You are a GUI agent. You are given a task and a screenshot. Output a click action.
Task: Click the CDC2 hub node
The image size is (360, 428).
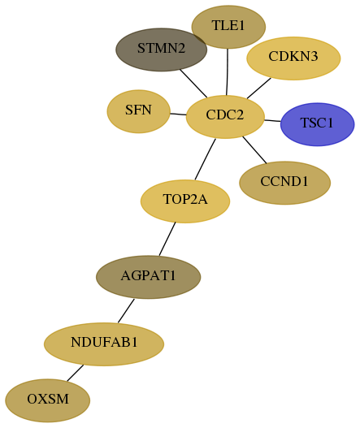[x=225, y=117]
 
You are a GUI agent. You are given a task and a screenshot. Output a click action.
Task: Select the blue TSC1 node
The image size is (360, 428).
[x=317, y=124]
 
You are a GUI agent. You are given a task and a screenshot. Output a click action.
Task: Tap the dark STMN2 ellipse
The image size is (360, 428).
[x=161, y=50]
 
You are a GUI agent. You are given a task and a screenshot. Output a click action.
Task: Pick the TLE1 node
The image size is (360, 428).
[x=228, y=27]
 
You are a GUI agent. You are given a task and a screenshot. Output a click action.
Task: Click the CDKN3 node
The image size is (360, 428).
[x=293, y=58]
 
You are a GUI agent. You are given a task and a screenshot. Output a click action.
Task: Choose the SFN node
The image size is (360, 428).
[x=138, y=111]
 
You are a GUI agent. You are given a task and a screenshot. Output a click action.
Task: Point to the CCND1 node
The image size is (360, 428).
[x=284, y=183]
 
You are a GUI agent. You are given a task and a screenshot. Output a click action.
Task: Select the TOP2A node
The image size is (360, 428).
[x=185, y=201]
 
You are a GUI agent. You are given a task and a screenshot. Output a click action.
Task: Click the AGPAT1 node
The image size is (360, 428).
[x=149, y=277]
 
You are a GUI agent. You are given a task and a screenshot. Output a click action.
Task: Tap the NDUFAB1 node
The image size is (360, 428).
[x=104, y=344]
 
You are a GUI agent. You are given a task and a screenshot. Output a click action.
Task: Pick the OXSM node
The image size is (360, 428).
[x=47, y=400]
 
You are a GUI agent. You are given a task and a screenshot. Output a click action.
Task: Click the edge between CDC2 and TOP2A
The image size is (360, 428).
[x=205, y=159]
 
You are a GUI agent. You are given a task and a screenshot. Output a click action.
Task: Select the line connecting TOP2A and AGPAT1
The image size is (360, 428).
[x=167, y=239]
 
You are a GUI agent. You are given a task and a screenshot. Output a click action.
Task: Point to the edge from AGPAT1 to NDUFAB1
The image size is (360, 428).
[x=126, y=310]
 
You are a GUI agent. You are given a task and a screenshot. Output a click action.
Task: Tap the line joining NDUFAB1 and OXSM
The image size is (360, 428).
[x=75, y=373]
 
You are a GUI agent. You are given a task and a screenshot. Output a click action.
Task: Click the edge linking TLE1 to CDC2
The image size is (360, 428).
[x=227, y=71]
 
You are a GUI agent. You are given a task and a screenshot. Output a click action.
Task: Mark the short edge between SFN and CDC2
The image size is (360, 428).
[x=178, y=114]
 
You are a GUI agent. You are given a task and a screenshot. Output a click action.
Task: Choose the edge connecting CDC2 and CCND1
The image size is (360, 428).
[x=254, y=150]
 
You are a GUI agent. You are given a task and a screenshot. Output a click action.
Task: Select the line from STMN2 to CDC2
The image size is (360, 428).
[x=193, y=84]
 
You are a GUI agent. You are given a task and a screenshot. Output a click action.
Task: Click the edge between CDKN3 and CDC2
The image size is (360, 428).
[x=259, y=89]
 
